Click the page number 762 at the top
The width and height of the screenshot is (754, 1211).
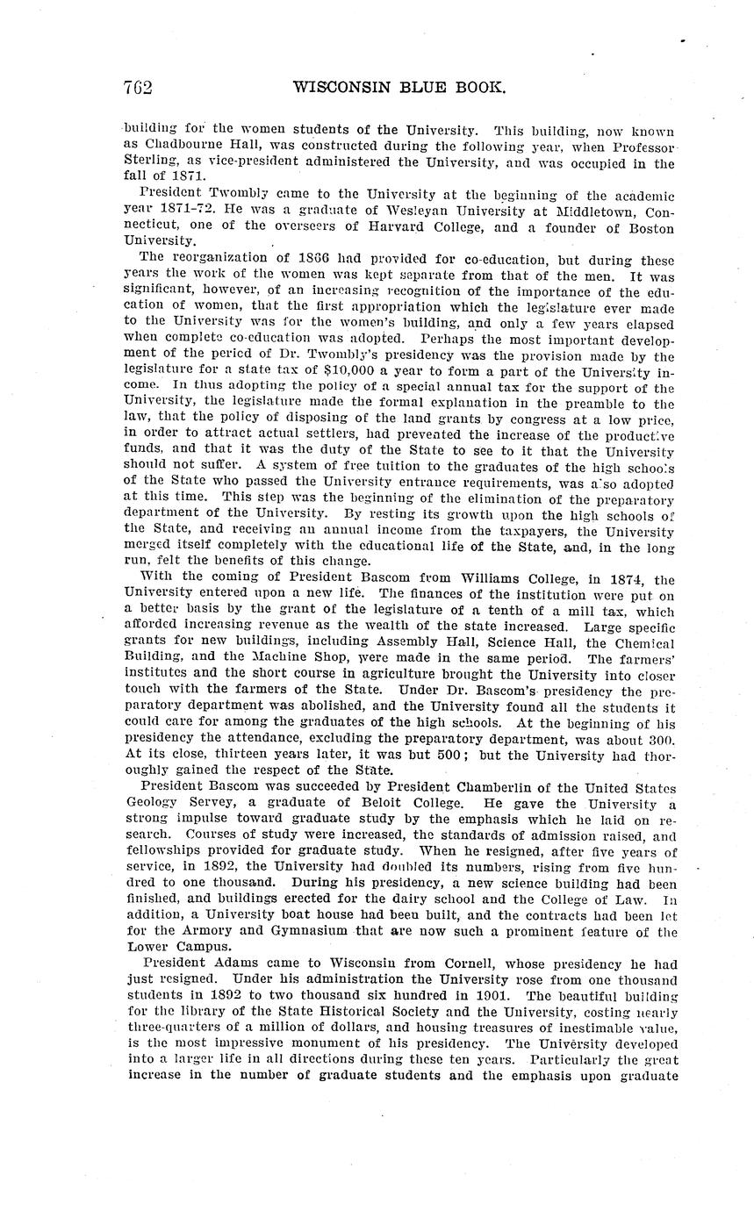click(x=138, y=88)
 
